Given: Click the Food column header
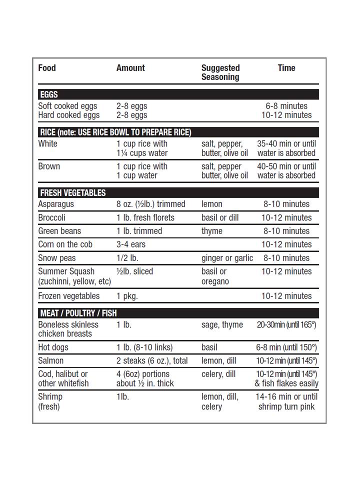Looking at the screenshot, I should (x=47, y=68).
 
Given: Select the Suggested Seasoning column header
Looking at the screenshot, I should (x=220, y=72).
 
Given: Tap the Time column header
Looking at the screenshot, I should (x=286, y=68).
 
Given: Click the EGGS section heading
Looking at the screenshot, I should (x=49, y=94).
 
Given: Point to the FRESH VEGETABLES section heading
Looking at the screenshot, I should (x=73, y=193).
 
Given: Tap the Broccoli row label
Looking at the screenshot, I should (x=51, y=217).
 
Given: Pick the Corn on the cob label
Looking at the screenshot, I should (x=65, y=244).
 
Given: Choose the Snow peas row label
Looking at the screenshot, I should (x=54, y=258).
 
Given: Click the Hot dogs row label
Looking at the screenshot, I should (x=53, y=347).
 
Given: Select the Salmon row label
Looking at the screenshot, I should (x=51, y=360).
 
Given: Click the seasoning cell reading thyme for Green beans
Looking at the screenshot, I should (x=212, y=231).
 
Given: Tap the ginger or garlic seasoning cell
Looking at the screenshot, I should (x=227, y=258).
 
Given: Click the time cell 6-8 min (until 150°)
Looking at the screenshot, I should (x=286, y=347).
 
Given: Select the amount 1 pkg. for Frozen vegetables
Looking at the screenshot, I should (x=127, y=296).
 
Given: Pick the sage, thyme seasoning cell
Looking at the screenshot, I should (x=222, y=324).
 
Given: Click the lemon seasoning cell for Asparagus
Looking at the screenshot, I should (x=212, y=204).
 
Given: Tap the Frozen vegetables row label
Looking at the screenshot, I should (x=69, y=296).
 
